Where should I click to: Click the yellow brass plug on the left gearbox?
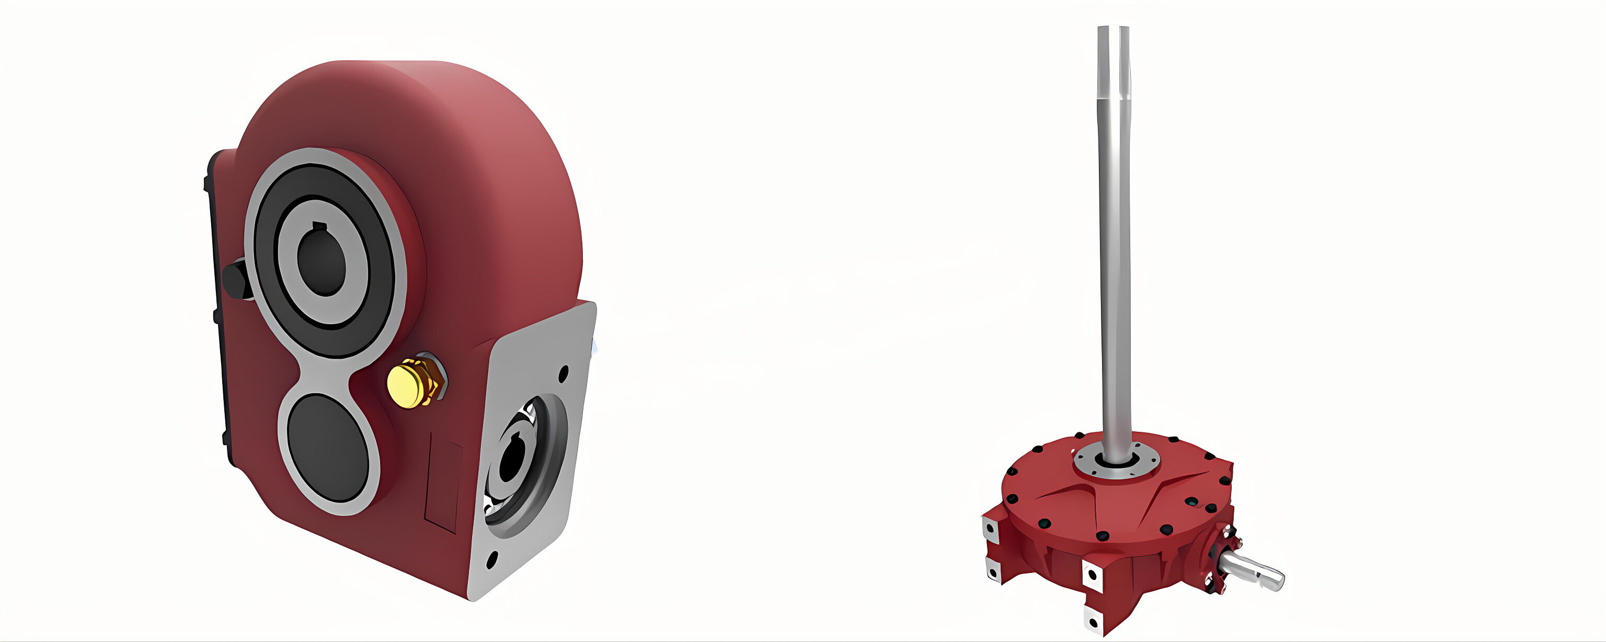pos(407,384)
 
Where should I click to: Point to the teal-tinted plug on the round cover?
pos(1192,500)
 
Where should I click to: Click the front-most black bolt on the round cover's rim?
pos(1102,535)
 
